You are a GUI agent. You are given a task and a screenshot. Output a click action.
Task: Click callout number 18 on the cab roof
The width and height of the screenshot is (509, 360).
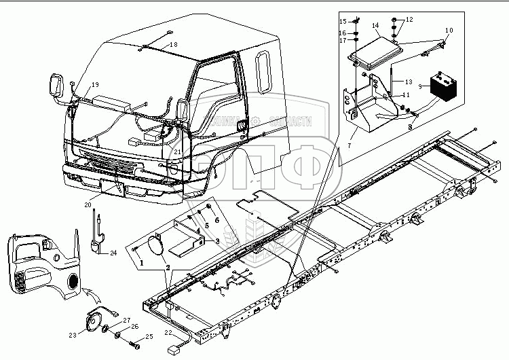(x=174, y=44)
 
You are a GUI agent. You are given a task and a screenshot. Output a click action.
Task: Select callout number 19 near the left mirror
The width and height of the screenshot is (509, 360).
(x=95, y=84)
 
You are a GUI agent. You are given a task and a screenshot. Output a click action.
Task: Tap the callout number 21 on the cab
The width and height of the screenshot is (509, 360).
(x=177, y=151)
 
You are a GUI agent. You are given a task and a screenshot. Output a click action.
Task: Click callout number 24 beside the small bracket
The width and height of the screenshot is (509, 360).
(x=113, y=253)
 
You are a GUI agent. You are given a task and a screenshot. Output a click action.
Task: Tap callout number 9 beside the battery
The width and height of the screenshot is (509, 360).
(x=420, y=86)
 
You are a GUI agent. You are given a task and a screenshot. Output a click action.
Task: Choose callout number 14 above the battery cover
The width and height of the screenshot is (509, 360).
(x=375, y=26)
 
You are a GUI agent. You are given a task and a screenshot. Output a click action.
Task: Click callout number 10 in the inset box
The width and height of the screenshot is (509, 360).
(x=449, y=31)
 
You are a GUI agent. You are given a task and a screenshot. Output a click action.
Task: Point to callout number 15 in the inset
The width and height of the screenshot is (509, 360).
(x=342, y=21)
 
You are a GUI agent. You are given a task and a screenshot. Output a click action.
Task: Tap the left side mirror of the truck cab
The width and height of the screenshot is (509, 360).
(x=56, y=86)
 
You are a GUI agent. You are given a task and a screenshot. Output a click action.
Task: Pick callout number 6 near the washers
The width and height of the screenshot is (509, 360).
(x=216, y=220)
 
